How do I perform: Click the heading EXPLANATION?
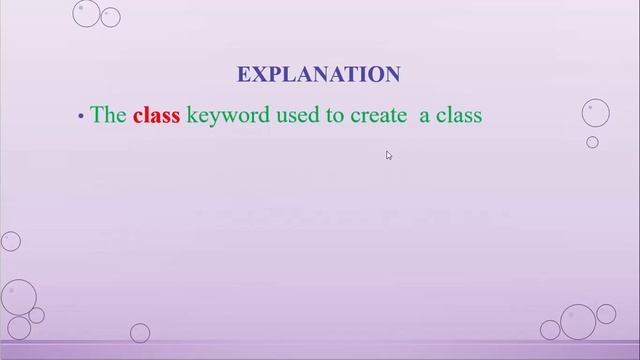pos(318,74)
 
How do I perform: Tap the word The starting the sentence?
pos(108,115)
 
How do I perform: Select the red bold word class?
pos(156,115)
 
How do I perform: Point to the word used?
pos(293,115)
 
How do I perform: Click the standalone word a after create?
pos(424,116)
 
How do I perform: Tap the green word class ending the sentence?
pos(459,115)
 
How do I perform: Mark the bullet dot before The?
pos(81,117)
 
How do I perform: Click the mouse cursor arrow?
pos(388,154)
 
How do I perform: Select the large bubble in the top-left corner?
pos(87,13)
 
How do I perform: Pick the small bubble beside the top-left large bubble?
pos(111,17)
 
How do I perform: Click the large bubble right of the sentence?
pos(596,112)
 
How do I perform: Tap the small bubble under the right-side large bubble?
pos(592,142)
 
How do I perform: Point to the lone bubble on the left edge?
pos(11,241)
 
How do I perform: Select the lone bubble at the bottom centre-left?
pos(140,332)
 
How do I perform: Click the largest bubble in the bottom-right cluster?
pos(578,322)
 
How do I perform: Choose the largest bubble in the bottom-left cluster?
pos(17,297)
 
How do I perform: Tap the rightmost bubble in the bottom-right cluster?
pos(606,314)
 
